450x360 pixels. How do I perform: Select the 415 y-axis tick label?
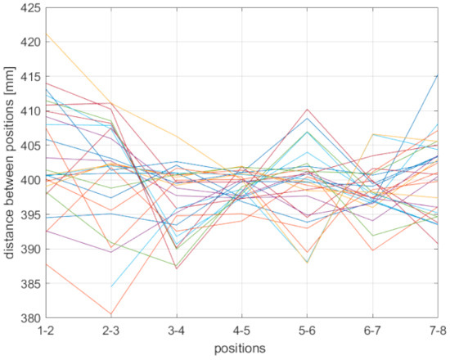33,76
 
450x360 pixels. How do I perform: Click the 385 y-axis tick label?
33,284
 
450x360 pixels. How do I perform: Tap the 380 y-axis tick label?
33,318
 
